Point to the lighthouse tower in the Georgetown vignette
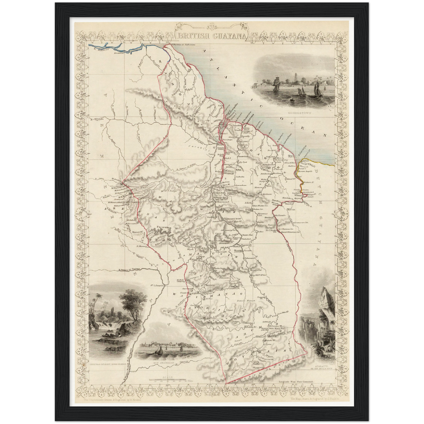(294, 78)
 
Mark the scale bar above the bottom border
(167, 380)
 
